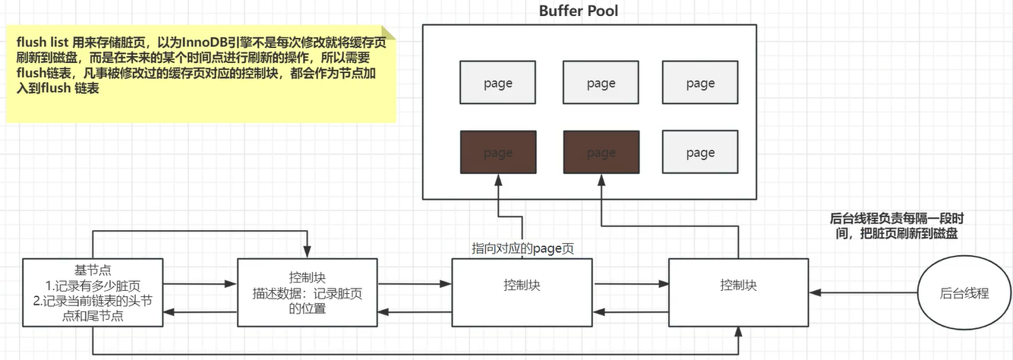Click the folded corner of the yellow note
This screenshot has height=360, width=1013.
click(389, 33)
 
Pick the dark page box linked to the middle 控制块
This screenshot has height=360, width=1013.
click(498, 153)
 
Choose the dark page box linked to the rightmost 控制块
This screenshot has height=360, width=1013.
click(601, 153)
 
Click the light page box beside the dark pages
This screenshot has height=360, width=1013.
click(699, 153)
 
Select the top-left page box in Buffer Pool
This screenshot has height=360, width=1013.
click(498, 83)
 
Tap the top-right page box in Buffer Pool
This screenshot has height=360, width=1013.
click(699, 83)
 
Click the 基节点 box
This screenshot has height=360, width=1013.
click(93, 292)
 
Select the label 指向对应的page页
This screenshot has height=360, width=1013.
click(522, 248)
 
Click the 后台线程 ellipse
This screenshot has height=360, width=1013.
click(964, 292)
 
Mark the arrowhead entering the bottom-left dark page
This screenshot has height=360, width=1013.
click(498, 178)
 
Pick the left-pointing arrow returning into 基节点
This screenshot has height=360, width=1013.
click(170, 312)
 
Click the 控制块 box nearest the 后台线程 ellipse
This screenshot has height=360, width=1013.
click(738, 292)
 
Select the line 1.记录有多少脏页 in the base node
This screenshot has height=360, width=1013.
click(93, 286)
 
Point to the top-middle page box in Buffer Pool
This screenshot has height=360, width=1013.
click(601, 83)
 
